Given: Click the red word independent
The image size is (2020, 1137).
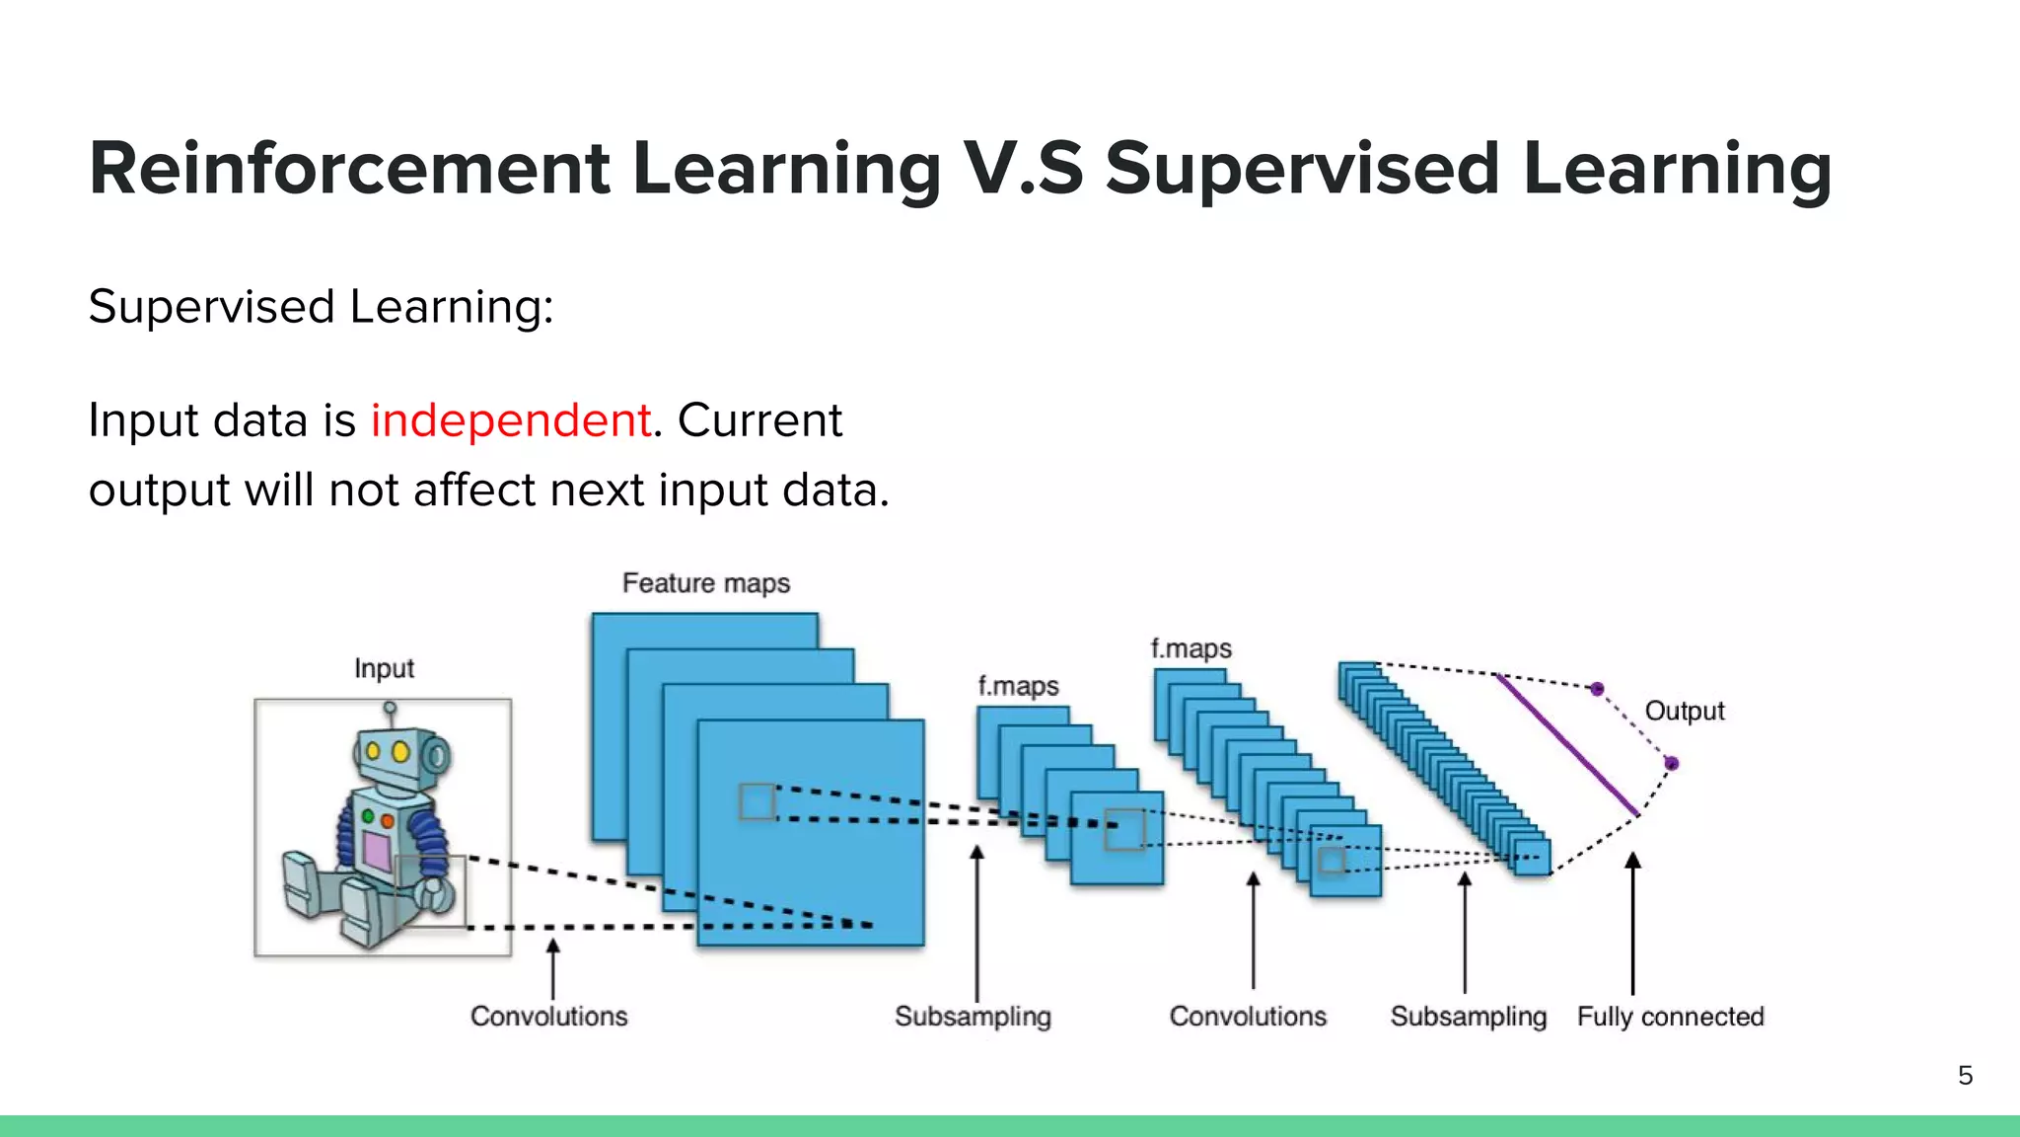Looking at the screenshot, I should tap(510, 420).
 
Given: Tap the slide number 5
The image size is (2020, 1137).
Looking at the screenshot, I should tap(1965, 1075).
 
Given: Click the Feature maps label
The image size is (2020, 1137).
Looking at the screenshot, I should tap(705, 583).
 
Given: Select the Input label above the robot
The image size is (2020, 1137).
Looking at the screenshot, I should tap(384, 668).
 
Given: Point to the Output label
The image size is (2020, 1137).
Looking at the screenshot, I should tap(1684, 711).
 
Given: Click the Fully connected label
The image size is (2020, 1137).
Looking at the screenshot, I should tap(1670, 1017).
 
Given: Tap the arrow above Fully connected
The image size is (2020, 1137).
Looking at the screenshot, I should tap(1632, 923).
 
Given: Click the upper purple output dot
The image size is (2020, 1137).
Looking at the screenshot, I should tap(1597, 689).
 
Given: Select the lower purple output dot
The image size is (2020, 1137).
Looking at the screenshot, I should tap(1671, 763).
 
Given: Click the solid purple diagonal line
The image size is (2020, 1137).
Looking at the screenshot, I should tap(1566, 744).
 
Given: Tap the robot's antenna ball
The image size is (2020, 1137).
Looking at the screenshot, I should tap(390, 708).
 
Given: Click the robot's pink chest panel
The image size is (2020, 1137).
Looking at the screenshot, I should tap(376, 850).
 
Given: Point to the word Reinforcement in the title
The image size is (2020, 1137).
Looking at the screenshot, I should tap(349, 169).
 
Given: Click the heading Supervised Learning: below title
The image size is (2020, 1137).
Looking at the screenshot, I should tap(321, 307).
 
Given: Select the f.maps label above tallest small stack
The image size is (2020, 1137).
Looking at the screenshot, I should tap(1190, 648).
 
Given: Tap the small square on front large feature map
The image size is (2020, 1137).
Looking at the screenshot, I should tap(757, 801).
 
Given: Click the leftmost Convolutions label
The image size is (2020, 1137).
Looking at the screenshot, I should tap(548, 1017).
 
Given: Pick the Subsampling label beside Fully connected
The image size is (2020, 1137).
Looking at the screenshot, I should tap(1468, 1017).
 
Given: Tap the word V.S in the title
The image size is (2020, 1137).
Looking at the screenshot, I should tap(1023, 169).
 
